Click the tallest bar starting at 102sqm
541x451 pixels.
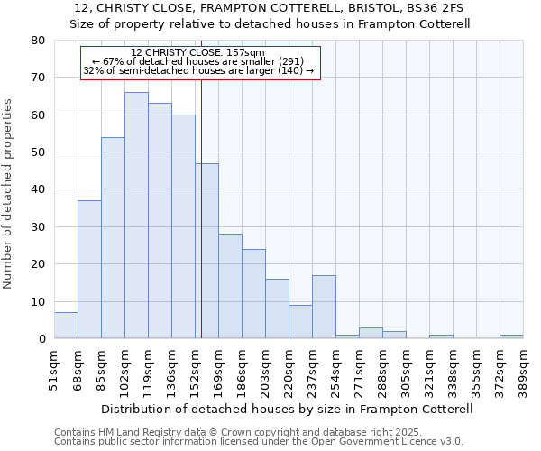pyautogui.click(x=136, y=216)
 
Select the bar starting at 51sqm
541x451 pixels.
pyautogui.click(x=66, y=326)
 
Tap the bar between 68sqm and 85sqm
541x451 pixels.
pyautogui.click(x=89, y=270)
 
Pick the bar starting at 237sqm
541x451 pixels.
pyautogui.click(x=324, y=307)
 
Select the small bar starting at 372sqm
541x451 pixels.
pyautogui.click(x=511, y=336)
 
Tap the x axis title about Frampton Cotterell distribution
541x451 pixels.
pyautogui.click(x=287, y=409)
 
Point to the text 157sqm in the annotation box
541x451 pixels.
pyautogui.click(x=246, y=52)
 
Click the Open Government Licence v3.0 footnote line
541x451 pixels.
pyautogui.click(x=259, y=442)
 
